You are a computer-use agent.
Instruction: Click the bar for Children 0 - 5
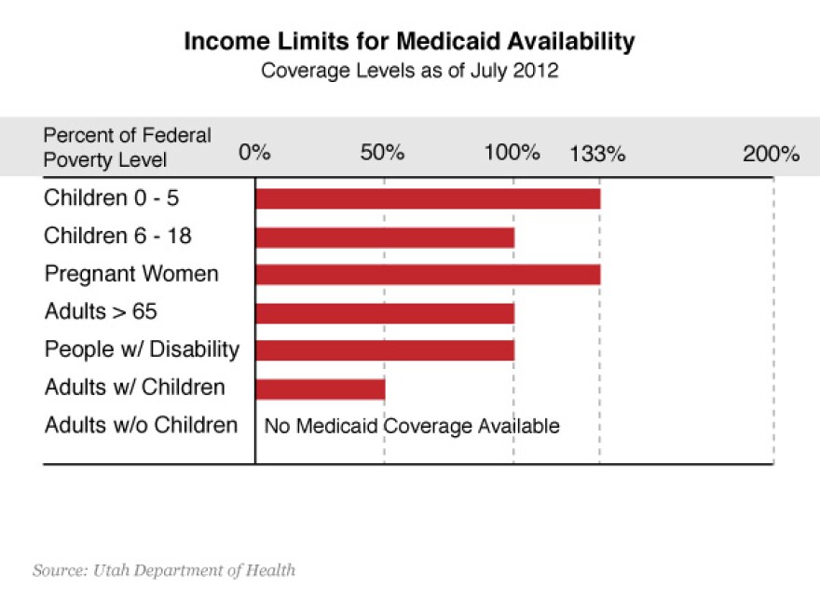pyautogui.click(x=428, y=198)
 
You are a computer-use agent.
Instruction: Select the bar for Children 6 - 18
pyautogui.click(x=385, y=237)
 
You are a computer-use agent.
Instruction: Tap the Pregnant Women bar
pyautogui.click(x=428, y=274)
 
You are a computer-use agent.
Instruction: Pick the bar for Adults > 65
pyautogui.click(x=385, y=312)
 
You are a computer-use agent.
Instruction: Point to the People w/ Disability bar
pyautogui.click(x=385, y=350)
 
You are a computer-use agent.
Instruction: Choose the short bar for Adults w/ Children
pyautogui.click(x=320, y=389)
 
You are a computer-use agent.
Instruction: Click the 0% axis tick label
pyautogui.click(x=253, y=154)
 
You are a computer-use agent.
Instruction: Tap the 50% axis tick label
pyautogui.click(x=382, y=154)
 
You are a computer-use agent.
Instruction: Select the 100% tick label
pyautogui.click(x=512, y=154)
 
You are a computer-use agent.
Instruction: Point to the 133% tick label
pyautogui.click(x=597, y=155)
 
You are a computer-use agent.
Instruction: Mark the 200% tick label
pyautogui.click(x=771, y=155)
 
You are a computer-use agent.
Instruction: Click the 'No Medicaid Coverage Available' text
pyautogui.click(x=412, y=427)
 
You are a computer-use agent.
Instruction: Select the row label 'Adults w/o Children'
pyautogui.click(x=142, y=426)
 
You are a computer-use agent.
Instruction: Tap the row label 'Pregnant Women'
pyautogui.click(x=131, y=274)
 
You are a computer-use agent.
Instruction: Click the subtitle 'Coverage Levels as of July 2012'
pyautogui.click(x=410, y=71)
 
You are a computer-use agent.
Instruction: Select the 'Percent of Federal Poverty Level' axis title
pyautogui.click(x=127, y=147)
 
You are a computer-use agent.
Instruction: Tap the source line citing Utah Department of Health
pyautogui.click(x=164, y=569)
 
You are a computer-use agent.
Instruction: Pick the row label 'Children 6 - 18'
pyautogui.click(x=117, y=237)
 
